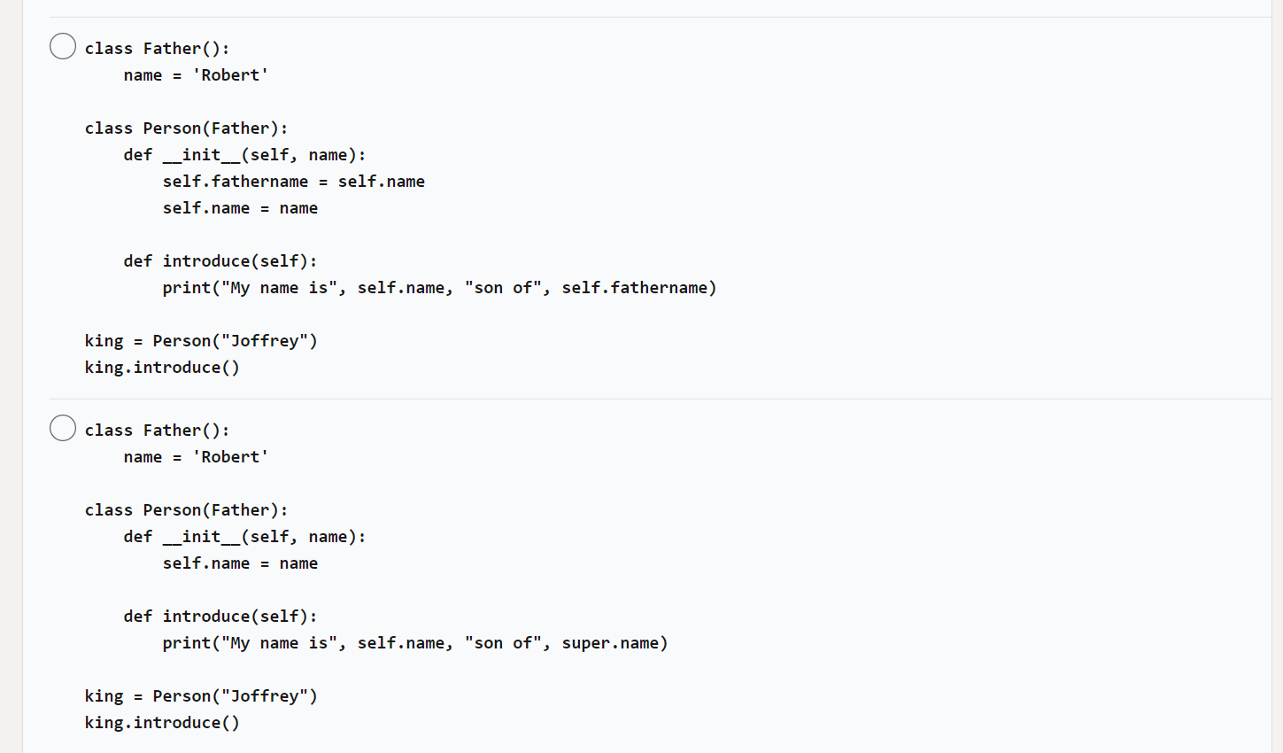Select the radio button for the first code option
(63, 46)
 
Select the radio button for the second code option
(63, 428)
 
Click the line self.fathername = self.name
(293, 182)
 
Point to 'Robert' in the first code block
(230, 75)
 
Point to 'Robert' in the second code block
(230, 457)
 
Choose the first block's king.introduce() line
(162, 368)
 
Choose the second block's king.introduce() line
(162, 723)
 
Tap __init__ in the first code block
(201, 155)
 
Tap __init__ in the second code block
(201, 537)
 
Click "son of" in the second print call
(503, 643)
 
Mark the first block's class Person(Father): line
(186, 128)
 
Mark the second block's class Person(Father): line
(186, 510)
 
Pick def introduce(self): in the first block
(220, 261)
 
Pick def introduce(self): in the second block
(220, 617)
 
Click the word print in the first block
(186, 288)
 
